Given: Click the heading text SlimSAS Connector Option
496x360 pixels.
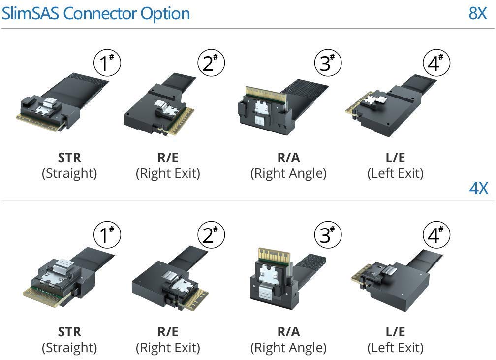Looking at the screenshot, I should click(x=95, y=13).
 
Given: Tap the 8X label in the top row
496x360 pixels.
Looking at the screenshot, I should click(x=477, y=13).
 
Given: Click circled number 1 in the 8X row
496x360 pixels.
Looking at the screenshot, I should click(x=107, y=63).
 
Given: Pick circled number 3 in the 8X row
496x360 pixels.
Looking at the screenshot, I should click(x=327, y=63).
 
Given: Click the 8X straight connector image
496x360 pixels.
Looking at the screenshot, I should click(x=62, y=103).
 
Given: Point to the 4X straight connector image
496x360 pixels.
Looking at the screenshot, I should click(x=64, y=278).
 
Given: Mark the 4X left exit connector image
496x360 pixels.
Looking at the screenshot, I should click(x=394, y=278).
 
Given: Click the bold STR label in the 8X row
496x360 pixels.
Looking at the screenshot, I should click(x=69, y=158).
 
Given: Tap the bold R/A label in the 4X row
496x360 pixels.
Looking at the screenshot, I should click(x=288, y=332).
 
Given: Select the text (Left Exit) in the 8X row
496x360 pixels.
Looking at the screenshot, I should click(x=395, y=173).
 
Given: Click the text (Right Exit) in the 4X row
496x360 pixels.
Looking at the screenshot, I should click(x=168, y=348).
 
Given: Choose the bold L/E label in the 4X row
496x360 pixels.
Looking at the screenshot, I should click(x=395, y=332).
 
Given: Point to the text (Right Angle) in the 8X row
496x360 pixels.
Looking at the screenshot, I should click(x=288, y=173).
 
